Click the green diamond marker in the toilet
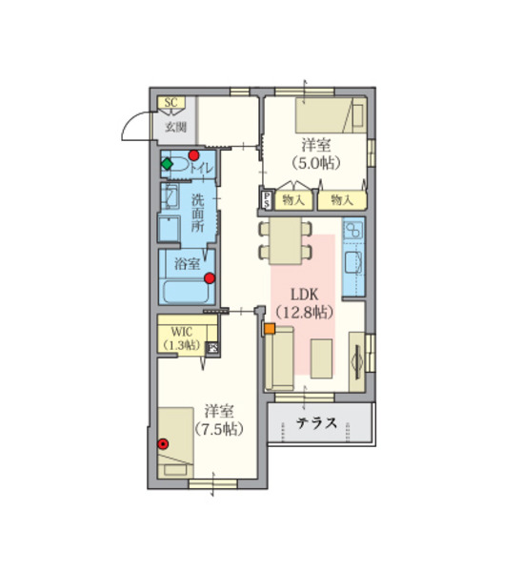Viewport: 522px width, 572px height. click(x=167, y=164)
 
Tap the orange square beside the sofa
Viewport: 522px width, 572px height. click(x=270, y=328)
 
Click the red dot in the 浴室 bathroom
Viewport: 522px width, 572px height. click(x=210, y=278)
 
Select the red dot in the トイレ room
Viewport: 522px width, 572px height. click(x=193, y=155)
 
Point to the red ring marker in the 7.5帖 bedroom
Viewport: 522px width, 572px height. click(x=163, y=443)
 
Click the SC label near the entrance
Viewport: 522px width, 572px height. click(x=171, y=102)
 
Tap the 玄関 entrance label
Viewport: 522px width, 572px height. click(x=176, y=128)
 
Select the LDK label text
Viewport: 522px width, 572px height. click(x=305, y=295)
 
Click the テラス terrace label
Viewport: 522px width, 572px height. click(x=316, y=423)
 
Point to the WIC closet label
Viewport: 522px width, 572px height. click(x=182, y=332)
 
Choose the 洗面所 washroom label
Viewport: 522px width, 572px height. click(x=197, y=213)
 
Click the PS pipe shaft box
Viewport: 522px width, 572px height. click(x=267, y=200)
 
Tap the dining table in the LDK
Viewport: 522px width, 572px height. click(x=286, y=241)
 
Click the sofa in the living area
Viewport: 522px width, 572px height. click(x=280, y=358)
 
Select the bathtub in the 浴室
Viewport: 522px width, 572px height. click(x=187, y=292)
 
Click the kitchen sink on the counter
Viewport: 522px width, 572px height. click(x=352, y=262)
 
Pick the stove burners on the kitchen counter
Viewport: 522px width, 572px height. click(x=352, y=230)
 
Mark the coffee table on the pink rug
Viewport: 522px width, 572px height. click(x=321, y=358)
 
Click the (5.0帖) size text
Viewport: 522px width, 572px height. click(x=316, y=163)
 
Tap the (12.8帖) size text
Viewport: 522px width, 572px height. click(x=305, y=313)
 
